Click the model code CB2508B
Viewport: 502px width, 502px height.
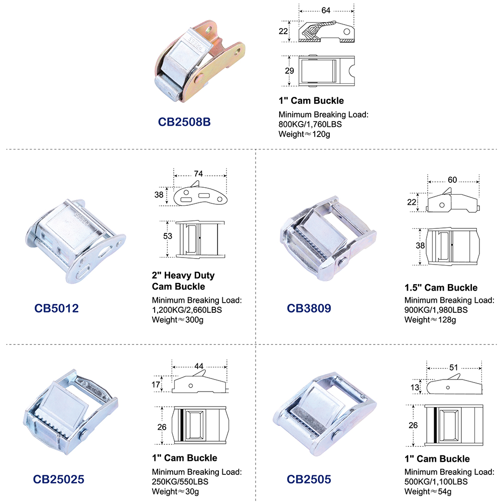184,122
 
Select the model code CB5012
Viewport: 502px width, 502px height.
56,308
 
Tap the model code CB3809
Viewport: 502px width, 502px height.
309,308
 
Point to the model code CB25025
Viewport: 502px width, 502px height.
59,479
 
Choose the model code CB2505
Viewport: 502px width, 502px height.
309,479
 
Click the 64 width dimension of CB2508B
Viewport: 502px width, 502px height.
326,11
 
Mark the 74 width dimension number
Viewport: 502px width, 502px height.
198,174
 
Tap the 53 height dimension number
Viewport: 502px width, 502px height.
168,236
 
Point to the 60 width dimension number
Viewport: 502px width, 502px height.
452,180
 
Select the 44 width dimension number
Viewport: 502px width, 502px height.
199,366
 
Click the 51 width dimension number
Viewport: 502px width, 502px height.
454,367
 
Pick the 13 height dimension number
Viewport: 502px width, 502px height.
415,388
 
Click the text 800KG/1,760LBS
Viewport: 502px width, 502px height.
310,124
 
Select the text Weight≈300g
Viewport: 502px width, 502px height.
178,320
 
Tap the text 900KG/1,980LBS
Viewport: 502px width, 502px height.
436,310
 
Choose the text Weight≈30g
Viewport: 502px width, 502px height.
175,491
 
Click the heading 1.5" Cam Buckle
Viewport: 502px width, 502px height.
441,288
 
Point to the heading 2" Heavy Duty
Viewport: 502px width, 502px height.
183,275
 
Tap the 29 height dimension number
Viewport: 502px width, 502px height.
290,71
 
